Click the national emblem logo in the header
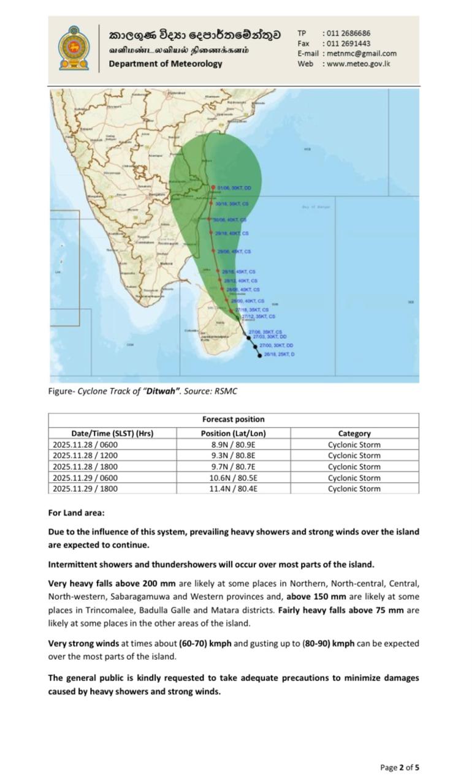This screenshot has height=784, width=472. (x=74, y=48)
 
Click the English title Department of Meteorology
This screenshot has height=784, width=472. (x=166, y=64)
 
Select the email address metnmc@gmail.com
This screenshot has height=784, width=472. (x=362, y=53)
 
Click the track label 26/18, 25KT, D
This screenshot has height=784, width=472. (x=279, y=355)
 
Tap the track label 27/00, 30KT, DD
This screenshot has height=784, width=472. (x=276, y=345)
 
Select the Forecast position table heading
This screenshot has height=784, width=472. (x=234, y=420)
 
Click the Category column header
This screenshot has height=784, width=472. (x=354, y=433)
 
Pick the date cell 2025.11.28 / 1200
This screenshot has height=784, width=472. (x=85, y=456)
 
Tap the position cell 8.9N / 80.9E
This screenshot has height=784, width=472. (x=234, y=445)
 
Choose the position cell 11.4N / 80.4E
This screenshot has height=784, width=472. (x=234, y=489)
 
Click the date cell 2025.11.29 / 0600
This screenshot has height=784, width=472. (x=85, y=478)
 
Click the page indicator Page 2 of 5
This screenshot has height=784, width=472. (x=400, y=767)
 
